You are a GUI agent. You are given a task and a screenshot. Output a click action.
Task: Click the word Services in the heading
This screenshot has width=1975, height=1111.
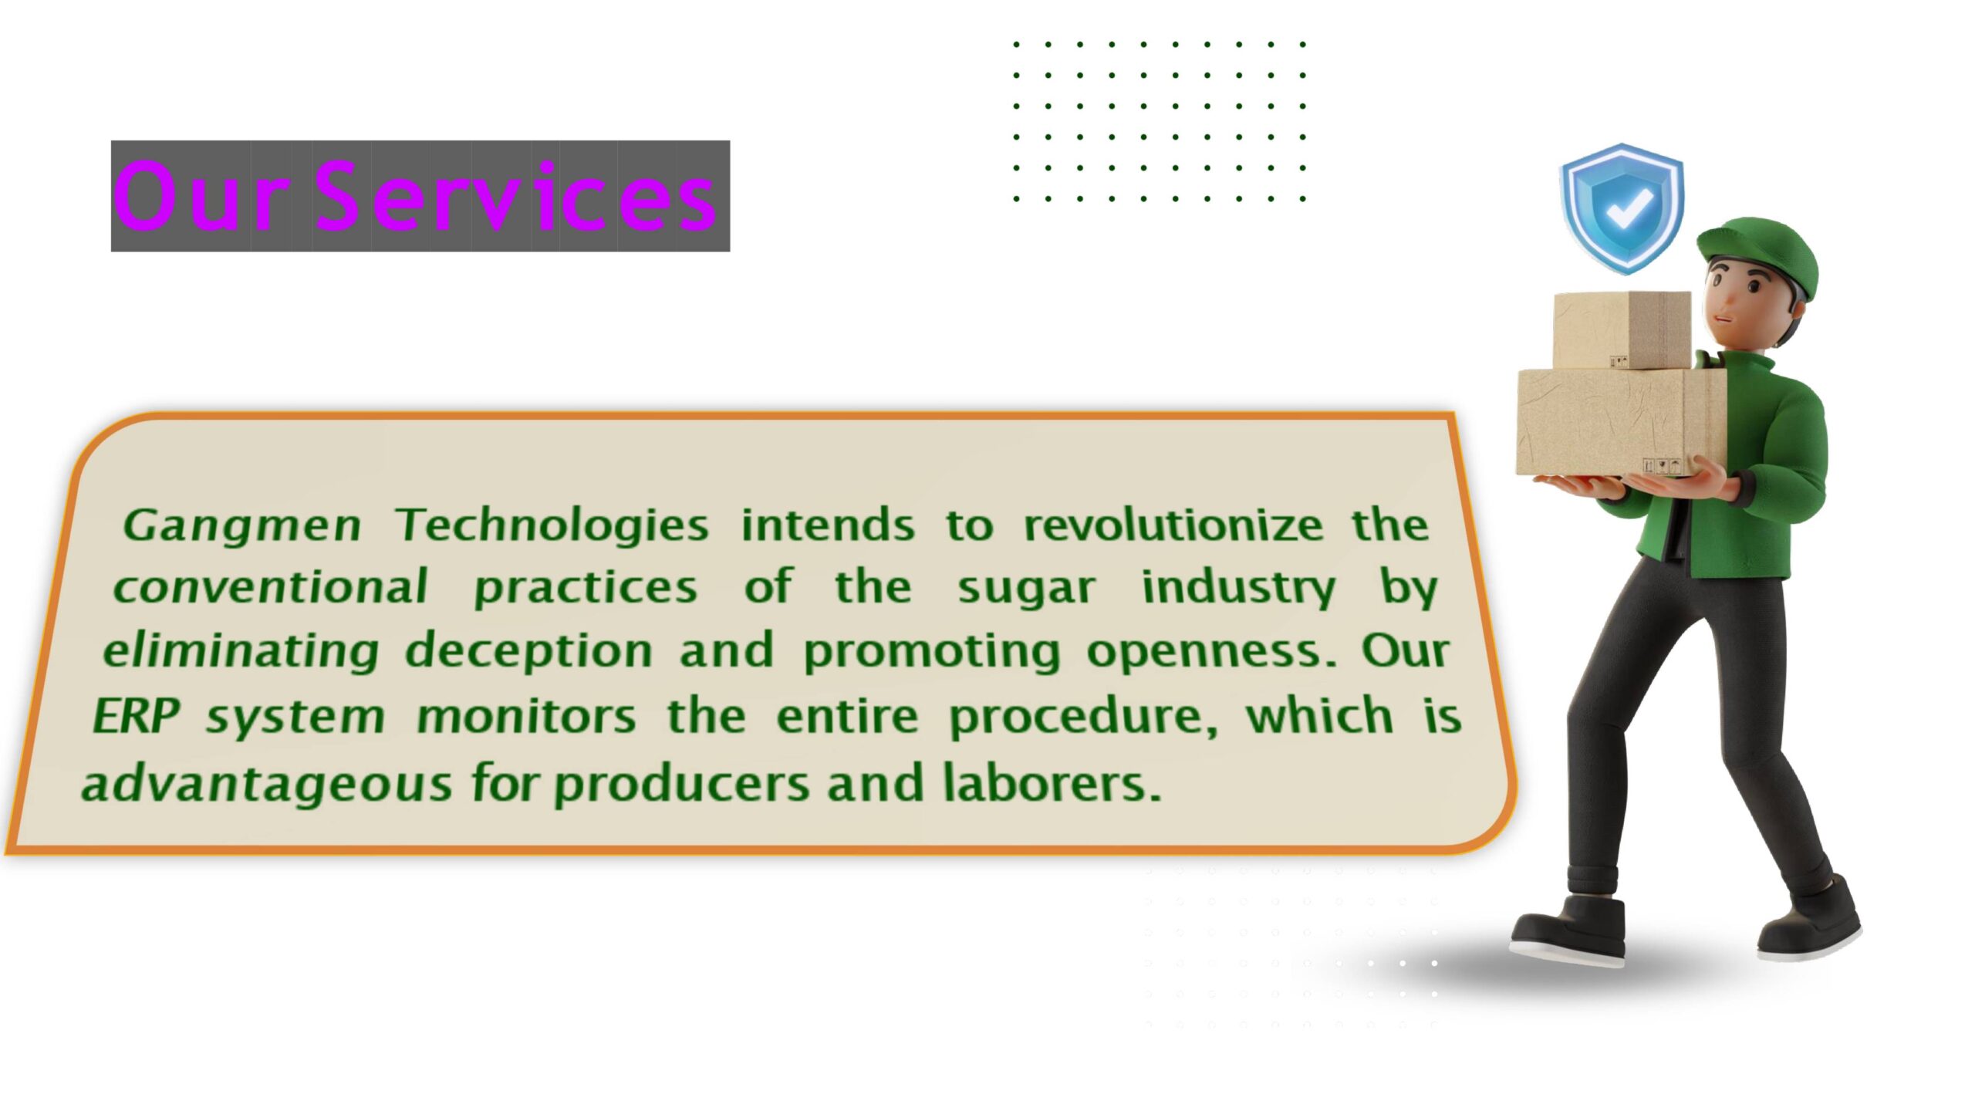point(515,197)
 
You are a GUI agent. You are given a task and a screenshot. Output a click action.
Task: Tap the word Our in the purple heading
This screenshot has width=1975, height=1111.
point(202,197)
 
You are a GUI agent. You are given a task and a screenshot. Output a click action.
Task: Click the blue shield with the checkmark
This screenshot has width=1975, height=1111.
point(1622,208)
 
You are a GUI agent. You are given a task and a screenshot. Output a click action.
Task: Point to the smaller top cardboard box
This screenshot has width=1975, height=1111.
point(1620,329)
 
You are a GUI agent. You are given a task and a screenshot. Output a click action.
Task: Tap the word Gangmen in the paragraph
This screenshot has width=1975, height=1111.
point(242,526)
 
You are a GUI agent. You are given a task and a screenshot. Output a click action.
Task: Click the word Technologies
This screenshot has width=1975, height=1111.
point(552,526)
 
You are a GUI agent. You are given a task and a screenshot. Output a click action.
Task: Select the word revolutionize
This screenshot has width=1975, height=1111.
point(1173,526)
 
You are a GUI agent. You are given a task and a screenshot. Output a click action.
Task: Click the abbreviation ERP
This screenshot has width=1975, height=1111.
point(136,716)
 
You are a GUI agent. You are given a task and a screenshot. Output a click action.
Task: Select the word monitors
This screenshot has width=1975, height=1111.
point(526,716)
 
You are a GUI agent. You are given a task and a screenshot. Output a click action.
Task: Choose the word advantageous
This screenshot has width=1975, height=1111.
point(267,784)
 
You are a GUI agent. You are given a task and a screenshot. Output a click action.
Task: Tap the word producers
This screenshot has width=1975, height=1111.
point(682,784)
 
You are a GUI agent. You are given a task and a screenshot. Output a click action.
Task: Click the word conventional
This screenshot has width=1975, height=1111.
point(270,588)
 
